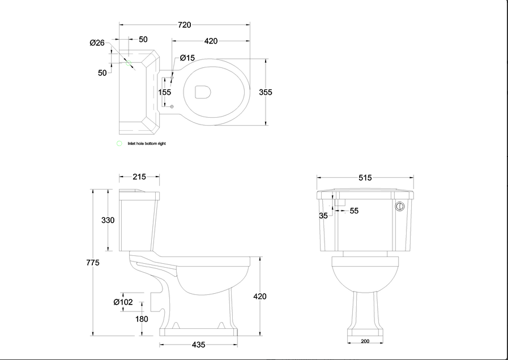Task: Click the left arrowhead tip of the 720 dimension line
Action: [119, 24]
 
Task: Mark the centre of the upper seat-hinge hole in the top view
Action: [172, 78]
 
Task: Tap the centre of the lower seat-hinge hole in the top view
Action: [172, 106]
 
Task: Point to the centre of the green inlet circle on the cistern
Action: [129, 63]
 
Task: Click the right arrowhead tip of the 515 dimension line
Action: [414, 177]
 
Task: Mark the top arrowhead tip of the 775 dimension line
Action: [93, 190]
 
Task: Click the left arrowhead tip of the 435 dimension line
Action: [160, 345]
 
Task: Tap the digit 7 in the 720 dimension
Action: [180, 25]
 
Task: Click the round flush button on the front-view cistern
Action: [400, 206]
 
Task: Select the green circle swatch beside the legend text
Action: [119, 143]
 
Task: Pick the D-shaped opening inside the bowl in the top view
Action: [203, 92]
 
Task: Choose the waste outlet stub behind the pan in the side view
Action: [157, 302]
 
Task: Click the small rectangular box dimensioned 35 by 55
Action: [340, 203]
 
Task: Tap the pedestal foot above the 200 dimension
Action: [365, 333]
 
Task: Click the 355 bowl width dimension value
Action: [266, 92]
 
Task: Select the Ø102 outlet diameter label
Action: [123, 302]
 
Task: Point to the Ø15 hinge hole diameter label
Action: [187, 58]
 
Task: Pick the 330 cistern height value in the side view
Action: [108, 220]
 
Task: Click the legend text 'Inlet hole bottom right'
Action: [147, 144]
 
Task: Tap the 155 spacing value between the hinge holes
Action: [165, 92]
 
